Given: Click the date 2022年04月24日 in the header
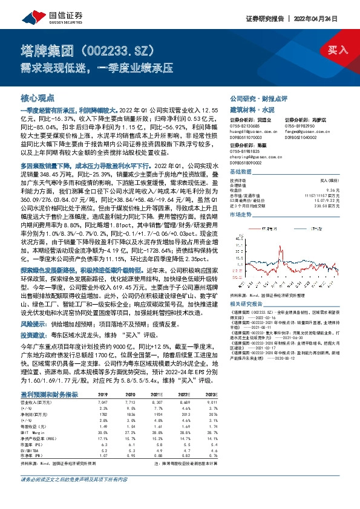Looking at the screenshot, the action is coord(329,19).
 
